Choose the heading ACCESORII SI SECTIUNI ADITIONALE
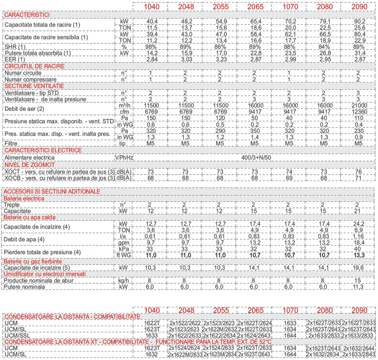click(52, 191)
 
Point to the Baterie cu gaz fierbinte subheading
click(33, 261)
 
